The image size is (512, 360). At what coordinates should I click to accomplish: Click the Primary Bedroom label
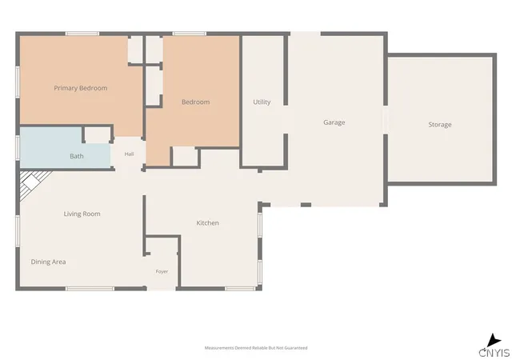80,88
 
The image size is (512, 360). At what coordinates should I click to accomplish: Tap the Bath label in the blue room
77,156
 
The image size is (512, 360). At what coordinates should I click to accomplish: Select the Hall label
129,154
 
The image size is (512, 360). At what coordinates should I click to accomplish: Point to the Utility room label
262,102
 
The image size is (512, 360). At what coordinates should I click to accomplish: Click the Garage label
334,122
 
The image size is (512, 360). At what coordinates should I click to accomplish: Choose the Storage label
440,125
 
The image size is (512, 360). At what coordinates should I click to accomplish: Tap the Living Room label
82,214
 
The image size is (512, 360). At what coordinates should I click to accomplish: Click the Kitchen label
207,222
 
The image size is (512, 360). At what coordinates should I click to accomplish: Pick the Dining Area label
48,262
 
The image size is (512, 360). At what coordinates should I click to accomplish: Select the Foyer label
162,271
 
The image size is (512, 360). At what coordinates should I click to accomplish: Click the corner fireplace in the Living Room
32,183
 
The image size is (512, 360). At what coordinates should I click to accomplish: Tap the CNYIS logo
494,346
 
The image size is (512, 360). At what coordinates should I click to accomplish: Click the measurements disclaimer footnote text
256,348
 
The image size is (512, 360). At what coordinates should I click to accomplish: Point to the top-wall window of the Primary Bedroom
82,34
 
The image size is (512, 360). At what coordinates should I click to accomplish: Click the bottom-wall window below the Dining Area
90,289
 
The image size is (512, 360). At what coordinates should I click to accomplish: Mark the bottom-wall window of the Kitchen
240,289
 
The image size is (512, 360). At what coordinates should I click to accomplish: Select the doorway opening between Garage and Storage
386,119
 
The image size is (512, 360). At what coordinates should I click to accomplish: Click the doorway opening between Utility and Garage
286,119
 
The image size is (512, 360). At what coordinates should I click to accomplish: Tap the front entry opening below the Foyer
162,289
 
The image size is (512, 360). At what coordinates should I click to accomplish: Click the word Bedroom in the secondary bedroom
195,102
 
